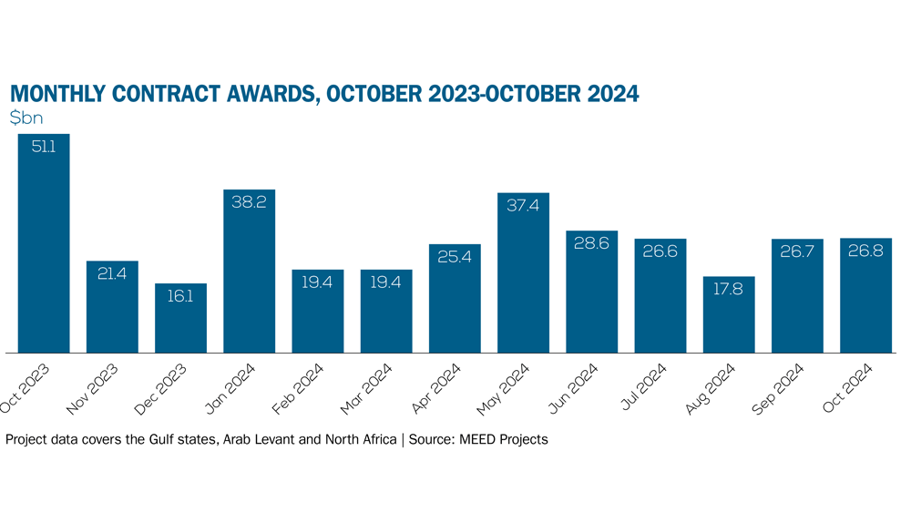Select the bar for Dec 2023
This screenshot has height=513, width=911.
pyautogui.click(x=180, y=318)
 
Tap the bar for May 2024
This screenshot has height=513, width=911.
pyautogui.click(x=523, y=273)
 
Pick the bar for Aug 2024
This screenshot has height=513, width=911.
pyautogui.click(x=729, y=314)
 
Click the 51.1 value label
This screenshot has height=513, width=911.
pyautogui.click(x=44, y=146)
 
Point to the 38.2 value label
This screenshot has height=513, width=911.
pyautogui.click(x=249, y=202)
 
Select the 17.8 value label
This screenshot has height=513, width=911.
pyautogui.click(x=729, y=289)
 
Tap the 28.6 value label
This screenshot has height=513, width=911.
pyautogui.click(x=591, y=243)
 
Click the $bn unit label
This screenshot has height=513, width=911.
pyautogui.click(x=26, y=118)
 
